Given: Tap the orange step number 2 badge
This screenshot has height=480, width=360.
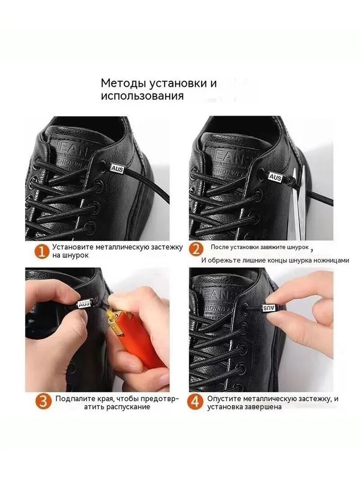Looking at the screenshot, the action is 196,250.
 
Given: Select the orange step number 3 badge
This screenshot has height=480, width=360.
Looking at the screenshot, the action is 43,402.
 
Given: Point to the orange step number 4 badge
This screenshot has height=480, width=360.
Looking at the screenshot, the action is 195,402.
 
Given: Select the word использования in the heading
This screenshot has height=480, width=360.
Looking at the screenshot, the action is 143,96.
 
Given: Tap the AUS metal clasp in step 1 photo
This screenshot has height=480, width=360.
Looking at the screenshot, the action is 116,168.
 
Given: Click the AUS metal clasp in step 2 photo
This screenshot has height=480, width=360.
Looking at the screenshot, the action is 275,177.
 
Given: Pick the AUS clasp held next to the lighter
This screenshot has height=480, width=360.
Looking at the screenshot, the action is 84,304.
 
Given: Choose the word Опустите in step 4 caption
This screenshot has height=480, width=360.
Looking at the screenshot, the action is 224,399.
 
